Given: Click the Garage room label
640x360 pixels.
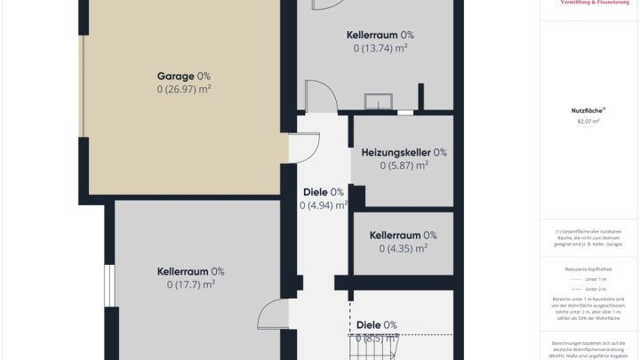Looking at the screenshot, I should (x=177, y=76).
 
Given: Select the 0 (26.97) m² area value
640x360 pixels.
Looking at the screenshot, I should (x=184, y=90).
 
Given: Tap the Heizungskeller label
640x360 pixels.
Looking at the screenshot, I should (x=396, y=152).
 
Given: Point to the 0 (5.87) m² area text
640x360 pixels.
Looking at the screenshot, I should (x=396, y=165).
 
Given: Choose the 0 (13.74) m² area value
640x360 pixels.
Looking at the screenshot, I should (x=380, y=48).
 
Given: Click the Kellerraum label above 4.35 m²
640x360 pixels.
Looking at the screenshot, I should (x=396, y=236).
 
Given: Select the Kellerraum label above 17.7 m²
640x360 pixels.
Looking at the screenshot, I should (x=184, y=272).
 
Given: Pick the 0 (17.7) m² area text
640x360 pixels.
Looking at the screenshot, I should (x=190, y=285).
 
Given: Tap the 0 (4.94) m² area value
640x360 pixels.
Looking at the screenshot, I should (x=323, y=205).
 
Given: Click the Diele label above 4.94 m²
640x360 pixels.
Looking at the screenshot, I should (x=316, y=192).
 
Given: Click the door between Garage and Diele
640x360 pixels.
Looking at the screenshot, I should (x=305, y=148).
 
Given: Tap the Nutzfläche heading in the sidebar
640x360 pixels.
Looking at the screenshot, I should (x=587, y=110).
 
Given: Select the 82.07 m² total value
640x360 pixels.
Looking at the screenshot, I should (x=588, y=121).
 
